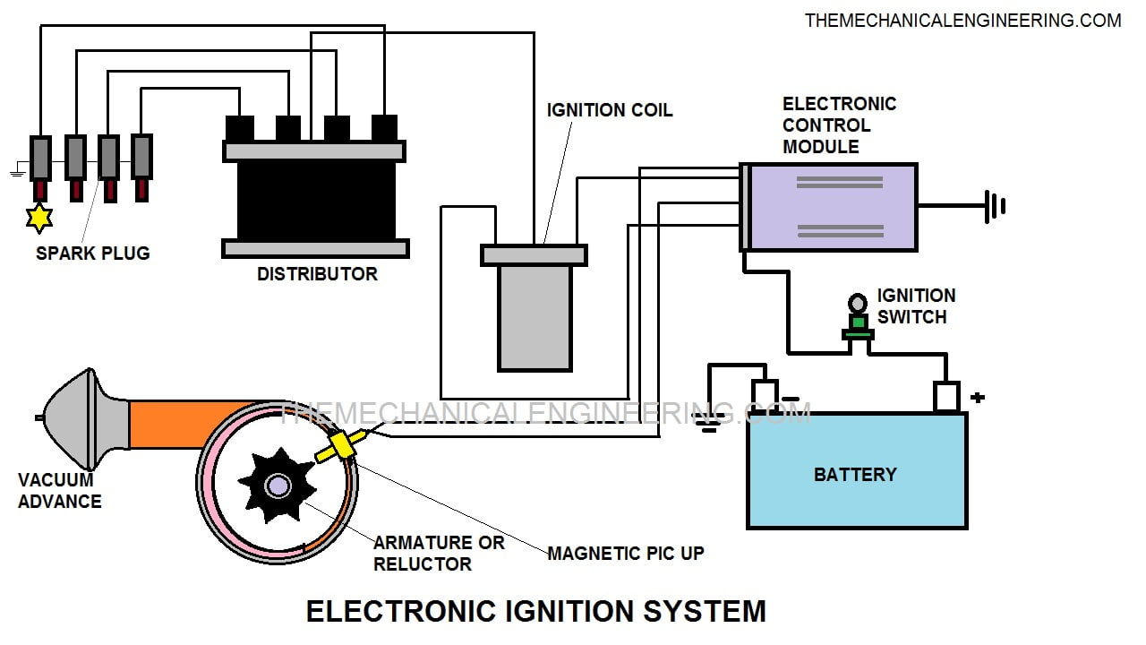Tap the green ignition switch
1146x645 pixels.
coord(858,324)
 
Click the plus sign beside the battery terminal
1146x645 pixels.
coord(978,397)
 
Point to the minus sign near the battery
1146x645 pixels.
coord(791,398)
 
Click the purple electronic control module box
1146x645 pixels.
coord(833,207)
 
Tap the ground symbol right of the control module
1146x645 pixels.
coord(995,206)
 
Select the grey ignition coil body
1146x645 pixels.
coord(535,317)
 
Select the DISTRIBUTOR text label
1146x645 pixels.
coord(317,274)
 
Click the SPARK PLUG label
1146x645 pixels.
coord(92,254)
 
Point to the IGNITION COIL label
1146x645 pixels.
coord(609,110)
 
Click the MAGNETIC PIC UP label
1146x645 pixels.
coord(625,554)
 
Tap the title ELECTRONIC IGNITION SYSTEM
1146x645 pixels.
coord(535,611)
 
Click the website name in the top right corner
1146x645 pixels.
coord(962,20)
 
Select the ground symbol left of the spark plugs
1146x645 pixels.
coord(16,169)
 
